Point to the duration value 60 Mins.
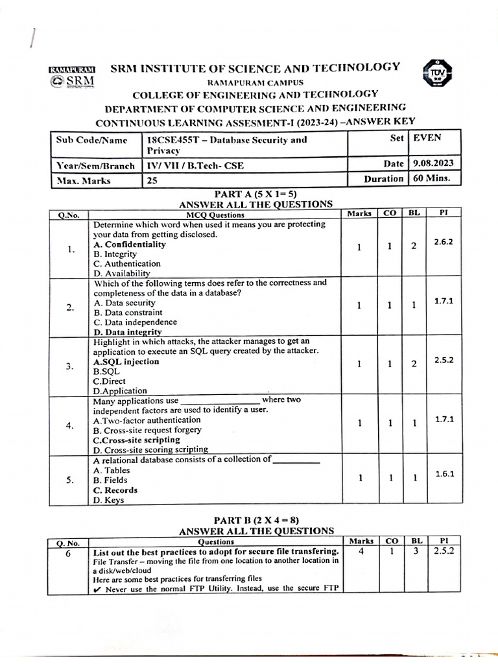coord(434,178)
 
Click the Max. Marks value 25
coord(152,181)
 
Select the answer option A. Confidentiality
coord(130,244)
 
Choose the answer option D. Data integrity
coord(128,332)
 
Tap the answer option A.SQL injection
coord(126,361)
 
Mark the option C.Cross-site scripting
coord(137,440)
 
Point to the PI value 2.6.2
coord(444,241)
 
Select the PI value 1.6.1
coord(444,474)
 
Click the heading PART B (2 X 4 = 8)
coord(256,520)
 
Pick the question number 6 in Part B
coord(67,552)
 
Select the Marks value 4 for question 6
coord(361,551)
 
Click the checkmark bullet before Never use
coord(97,589)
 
